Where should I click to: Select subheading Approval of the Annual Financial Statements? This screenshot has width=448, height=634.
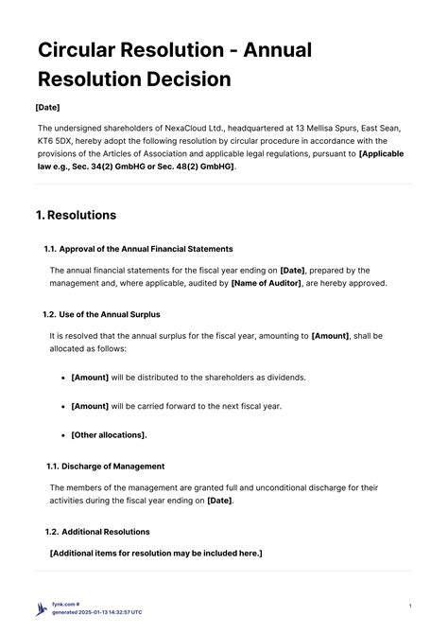click(x=146, y=249)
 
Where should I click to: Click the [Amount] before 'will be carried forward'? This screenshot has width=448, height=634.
click(x=90, y=406)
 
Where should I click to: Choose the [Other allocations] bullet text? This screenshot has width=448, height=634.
click(x=109, y=434)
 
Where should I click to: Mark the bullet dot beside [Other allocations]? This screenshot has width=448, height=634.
click(x=61, y=434)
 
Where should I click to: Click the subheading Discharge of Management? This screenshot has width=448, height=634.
click(x=112, y=466)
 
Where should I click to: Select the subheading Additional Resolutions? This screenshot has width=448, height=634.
click(x=104, y=532)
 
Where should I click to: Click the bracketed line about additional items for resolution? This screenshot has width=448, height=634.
click(x=156, y=553)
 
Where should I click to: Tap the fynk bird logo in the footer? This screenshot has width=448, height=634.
click(x=41, y=609)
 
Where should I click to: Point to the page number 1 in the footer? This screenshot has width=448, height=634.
click(x=409, y=606)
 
